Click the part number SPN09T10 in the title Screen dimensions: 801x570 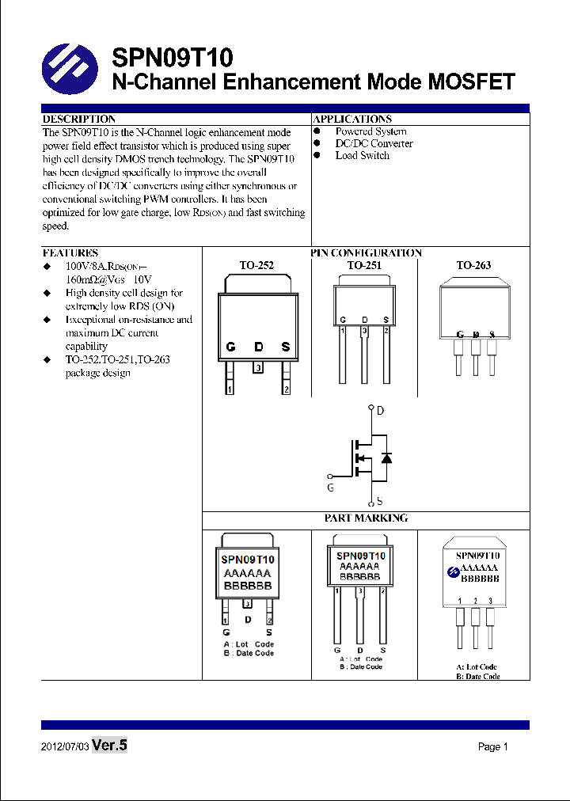(172, 58)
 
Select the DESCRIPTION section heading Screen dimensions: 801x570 (79, 119)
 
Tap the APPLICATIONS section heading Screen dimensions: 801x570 (352, 119)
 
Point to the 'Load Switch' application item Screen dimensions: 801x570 (362, 156)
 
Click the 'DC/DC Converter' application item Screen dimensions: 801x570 (374, 144)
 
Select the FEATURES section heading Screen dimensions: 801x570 (70, 253)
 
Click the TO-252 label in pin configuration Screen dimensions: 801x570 (256, 266)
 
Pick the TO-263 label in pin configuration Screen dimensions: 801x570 (473, 266)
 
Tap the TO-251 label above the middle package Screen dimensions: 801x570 (364, 266)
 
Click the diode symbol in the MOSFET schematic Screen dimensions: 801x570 (386, 457)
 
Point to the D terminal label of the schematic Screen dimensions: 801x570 (380, 411)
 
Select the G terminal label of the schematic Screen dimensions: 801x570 (331, 488)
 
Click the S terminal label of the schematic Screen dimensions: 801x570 (380, 501)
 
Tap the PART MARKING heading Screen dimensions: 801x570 (366, 518)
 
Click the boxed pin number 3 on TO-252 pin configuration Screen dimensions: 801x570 (258, 368)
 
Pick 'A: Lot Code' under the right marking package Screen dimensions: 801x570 (477, 667)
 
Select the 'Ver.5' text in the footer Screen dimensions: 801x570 (109, 746)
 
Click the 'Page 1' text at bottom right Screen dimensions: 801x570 (492, 747)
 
